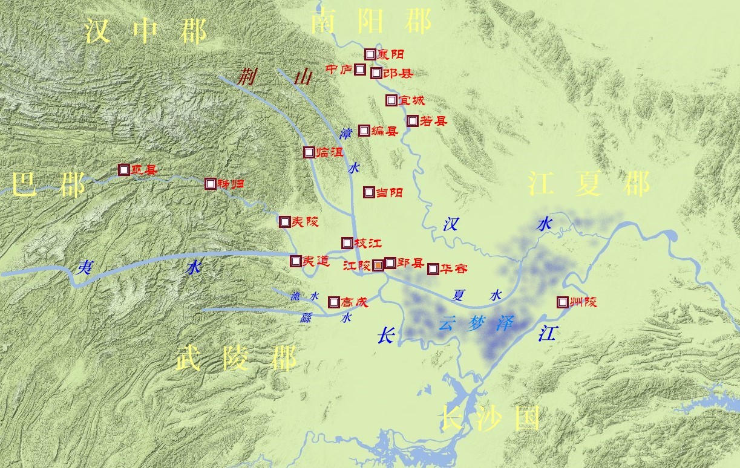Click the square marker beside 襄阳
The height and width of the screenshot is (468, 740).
pyautogui.click(x=370, y=54)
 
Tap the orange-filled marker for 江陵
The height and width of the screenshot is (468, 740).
pyautogui.click(x=378, y=265)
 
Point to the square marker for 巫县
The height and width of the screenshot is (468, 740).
pyautogui.click(x=123, y=171)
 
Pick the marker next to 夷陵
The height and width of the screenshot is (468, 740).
pyautogui.click(x=284, y=222)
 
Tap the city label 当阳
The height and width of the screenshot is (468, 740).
pyautogui.click(x=390, y=193)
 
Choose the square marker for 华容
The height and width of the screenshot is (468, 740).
pyautogui.click(x=433, y=269)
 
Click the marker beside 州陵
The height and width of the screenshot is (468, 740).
pyautogui.click(x=563, y=302)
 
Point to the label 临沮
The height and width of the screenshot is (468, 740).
pyautogui.click(x=330, y=153)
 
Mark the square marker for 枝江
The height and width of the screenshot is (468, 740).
pyautogui.click(x=347, y=243)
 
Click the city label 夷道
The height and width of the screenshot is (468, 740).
pyautogui.click(x=316, y=262)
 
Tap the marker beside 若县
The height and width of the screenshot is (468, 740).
pyautogui.click(x=413, y=121)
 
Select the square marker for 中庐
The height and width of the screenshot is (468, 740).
pyautogui.click(x=360, y=70)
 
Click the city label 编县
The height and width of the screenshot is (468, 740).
pyautogui.click(x=385, y=131)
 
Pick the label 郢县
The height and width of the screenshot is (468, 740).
pyautogui.click(x=410, y=263)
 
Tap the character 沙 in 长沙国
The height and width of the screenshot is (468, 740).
pyautogui.click(x=488, y=418)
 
